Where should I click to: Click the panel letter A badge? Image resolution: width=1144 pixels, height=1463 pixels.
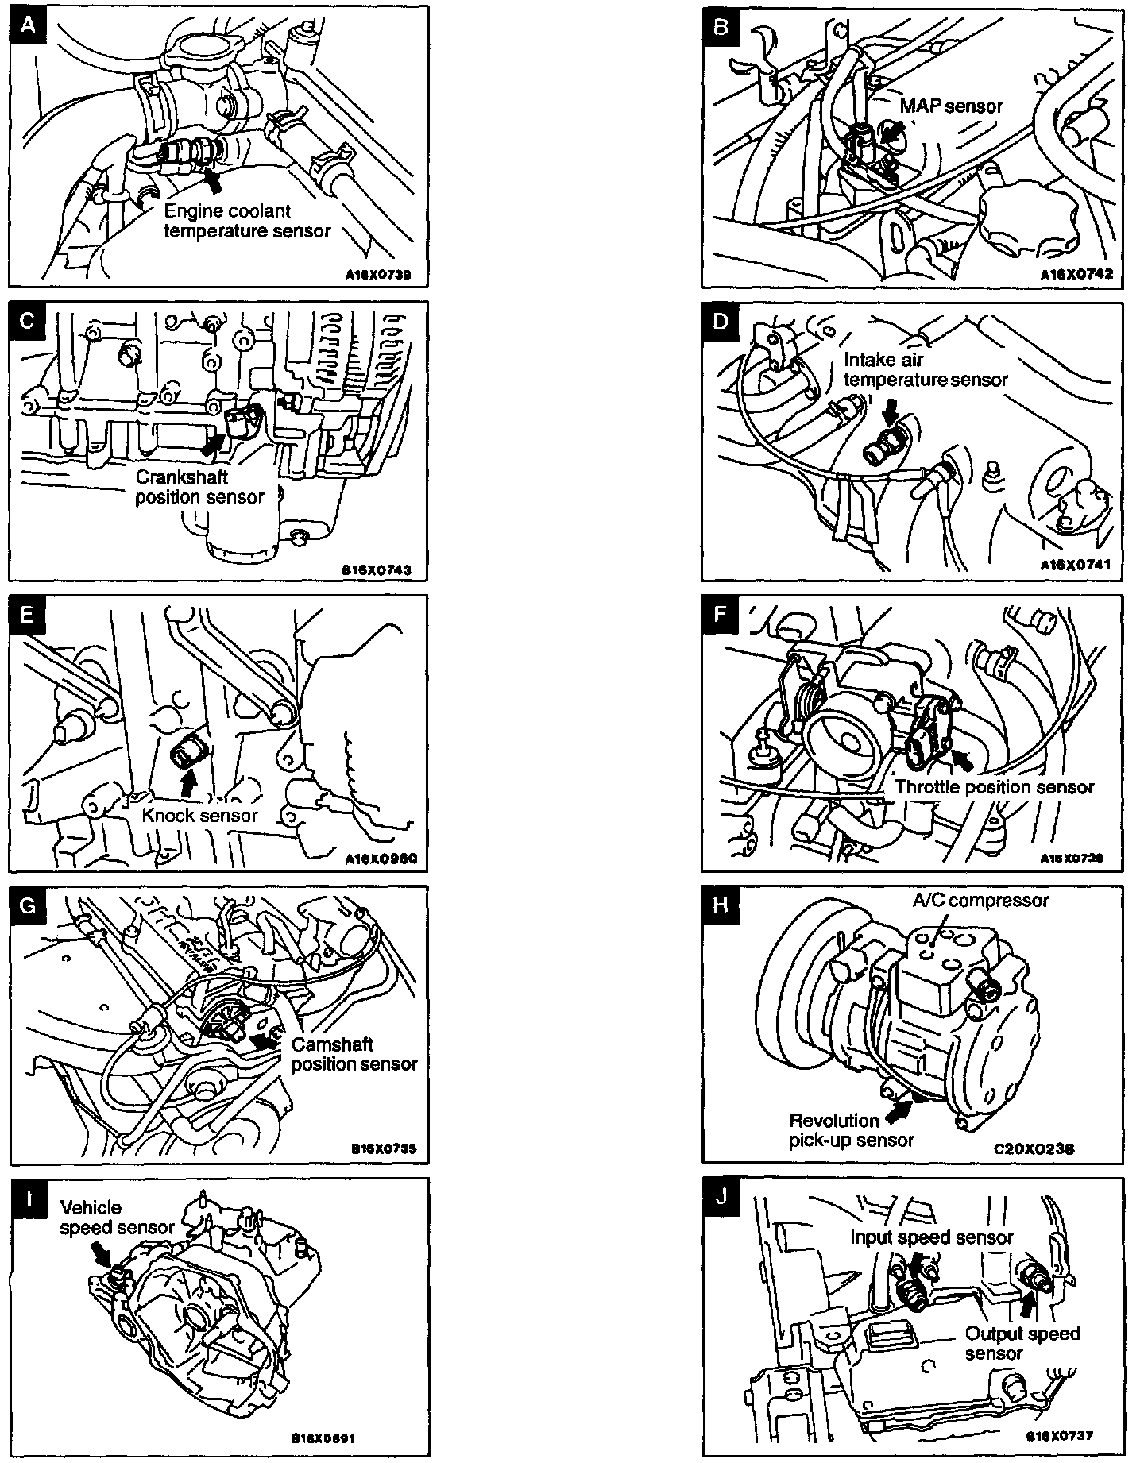(28, 26)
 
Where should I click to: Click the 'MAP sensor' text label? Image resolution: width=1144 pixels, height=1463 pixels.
(952, 105)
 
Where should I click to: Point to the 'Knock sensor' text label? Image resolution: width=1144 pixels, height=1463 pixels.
(200, 816)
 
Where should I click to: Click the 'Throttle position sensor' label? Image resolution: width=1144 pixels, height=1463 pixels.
(995, 787)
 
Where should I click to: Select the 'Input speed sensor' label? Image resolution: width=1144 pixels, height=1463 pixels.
(932, 1237)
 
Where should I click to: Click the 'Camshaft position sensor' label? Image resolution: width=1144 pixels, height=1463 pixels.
(354, 1054)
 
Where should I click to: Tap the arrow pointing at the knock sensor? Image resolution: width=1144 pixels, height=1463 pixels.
(188, 783)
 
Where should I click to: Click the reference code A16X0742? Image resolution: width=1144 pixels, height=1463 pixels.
(1078, 275)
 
